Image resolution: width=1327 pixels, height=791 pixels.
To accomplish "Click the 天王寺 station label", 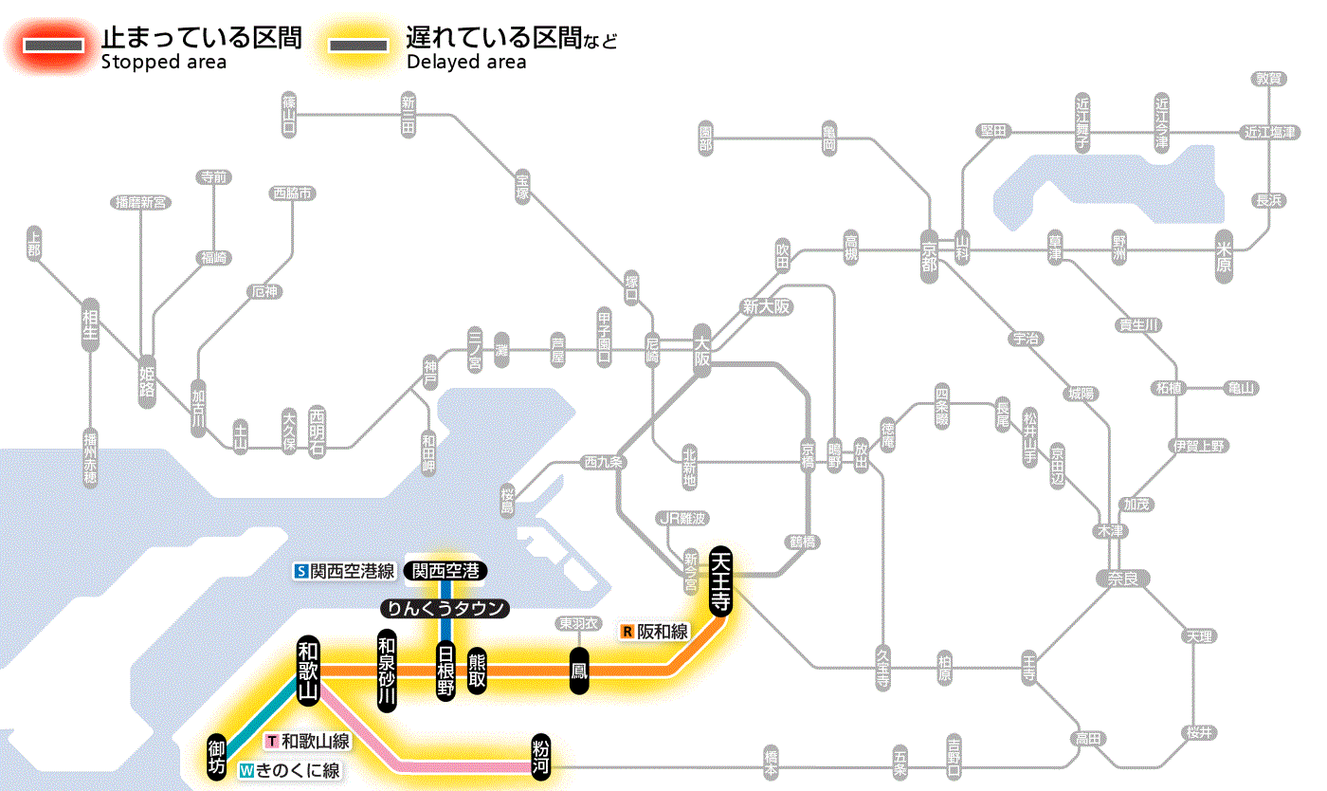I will tap(720, 581).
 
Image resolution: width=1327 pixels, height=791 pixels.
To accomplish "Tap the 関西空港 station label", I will tap(445, 571).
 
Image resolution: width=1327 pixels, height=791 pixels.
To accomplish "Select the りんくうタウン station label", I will tap(445, 609).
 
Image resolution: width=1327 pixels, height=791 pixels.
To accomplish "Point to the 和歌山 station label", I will tap(308, 671).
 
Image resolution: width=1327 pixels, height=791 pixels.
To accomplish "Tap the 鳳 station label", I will tap(578, 671).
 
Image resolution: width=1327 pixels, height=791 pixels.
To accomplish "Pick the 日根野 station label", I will tap(445, 671).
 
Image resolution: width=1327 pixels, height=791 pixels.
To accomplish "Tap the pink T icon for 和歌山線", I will tap(273, 741).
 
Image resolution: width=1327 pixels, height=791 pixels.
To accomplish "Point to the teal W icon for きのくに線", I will tap(247, 771).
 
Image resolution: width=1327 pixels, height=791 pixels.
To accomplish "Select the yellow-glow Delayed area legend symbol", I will tap(357, 45).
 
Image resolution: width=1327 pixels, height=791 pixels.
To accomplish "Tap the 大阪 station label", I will tap(701, 352).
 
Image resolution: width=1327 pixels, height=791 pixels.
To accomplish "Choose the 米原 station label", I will tap(1225, 252).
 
